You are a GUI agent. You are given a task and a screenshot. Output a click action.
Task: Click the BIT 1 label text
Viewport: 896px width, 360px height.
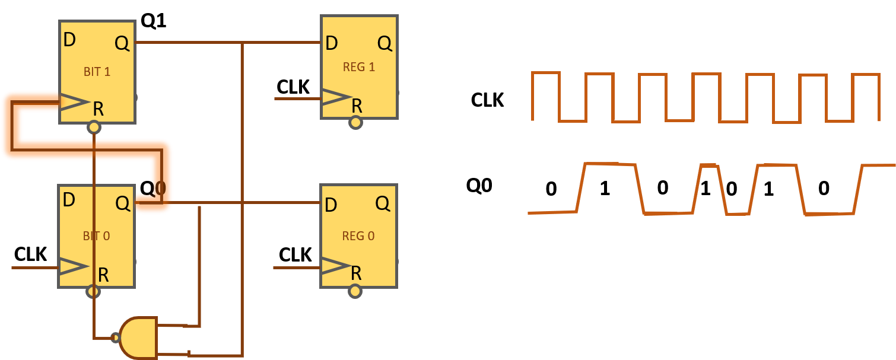(x=97, y=72)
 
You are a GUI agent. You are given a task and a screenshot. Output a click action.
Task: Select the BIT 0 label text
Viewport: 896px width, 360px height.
(x=96, y=235)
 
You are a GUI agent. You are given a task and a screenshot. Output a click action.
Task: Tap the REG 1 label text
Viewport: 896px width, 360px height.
(x=359, y=66)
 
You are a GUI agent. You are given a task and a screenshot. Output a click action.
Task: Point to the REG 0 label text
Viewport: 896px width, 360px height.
(x=358, y=235)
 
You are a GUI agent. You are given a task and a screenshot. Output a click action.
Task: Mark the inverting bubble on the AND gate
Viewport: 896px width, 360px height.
(x=116, y=338)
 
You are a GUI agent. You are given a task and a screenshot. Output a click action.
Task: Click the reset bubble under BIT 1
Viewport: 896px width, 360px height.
(x=94, y=127)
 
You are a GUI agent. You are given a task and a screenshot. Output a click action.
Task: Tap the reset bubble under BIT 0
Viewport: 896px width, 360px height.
(x=93, y=291)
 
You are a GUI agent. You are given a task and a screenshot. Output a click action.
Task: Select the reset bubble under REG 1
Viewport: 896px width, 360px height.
(x=355, y=123)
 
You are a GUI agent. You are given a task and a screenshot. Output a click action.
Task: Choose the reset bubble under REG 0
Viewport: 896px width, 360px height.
(x=355, y=291)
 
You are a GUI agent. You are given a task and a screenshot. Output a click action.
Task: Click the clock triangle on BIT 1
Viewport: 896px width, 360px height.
(x=74, y=102)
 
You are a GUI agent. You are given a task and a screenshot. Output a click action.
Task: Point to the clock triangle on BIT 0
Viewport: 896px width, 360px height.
(x=74, y=267)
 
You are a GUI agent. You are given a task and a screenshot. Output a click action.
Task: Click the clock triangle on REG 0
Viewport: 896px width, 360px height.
(x=335, y=266)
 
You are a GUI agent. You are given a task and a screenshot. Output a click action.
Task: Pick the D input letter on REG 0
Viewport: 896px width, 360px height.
(x=331, y=205)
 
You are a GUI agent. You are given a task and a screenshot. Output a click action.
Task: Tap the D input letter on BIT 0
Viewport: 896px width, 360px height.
(x=69, y=200)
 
